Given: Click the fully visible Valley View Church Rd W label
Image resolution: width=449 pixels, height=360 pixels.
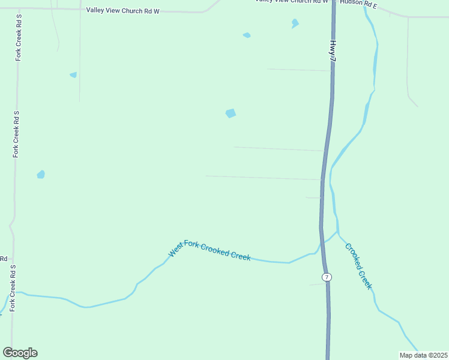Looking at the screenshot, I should (x=123, y=10).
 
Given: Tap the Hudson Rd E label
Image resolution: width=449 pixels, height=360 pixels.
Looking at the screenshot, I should (x=358, y=4).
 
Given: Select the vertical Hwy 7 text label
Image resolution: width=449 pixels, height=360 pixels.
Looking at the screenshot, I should (x=332, y=49).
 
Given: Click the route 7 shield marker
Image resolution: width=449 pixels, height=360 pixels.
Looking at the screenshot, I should (x=326, y=277).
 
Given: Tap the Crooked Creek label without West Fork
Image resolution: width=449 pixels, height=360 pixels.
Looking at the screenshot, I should (x=358, y=266).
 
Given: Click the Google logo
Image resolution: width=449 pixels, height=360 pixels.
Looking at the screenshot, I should (x=20, y=353).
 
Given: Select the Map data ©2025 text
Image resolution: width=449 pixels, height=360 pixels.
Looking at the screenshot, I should (x=423, y=355).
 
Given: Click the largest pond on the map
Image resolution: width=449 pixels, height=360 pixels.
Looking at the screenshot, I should (x=231, y=113).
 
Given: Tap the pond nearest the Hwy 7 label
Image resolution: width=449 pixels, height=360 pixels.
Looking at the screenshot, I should (x=295, y=23).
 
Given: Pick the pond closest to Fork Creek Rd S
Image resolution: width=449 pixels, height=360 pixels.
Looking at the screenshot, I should (x=41, y=175).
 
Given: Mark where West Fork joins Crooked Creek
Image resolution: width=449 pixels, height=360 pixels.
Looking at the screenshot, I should (x=337, y=232).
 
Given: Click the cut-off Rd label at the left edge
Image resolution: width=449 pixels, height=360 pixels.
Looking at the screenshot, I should (x=3, y=259).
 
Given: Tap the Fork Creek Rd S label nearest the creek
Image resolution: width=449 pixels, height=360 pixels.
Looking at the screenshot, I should (x=11, y=288).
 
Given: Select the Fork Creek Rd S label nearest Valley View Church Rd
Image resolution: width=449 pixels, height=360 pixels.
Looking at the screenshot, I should (x=19, y=37).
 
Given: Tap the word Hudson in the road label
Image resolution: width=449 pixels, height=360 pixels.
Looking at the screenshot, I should (x=351, y=3).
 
